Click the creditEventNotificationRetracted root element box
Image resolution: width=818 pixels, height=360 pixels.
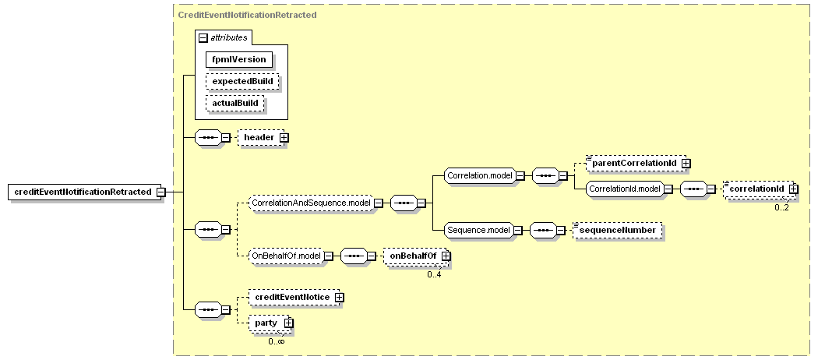click(x=83, y=192)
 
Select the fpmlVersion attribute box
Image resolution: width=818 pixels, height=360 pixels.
click(x=239, y=59)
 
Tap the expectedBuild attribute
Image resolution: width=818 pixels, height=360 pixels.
click(x=242, y=81)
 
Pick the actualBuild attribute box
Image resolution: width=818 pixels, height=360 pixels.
click(x=235, y=104)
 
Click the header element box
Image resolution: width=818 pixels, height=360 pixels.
click(x=261, y=137)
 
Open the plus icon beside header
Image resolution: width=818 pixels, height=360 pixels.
click(x=284, y=138)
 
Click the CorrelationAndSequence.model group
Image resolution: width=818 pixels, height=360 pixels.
click(x=312, y=203)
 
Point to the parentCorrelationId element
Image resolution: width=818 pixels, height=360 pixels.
click(x=635, y=164)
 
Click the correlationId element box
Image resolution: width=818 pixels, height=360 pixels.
click(x=759, y=189)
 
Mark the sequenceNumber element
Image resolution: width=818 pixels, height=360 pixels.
click(x=618, y=230)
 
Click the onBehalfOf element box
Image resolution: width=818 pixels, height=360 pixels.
click(x=415, y=256)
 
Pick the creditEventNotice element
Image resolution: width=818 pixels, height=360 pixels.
click(x=294, y=298)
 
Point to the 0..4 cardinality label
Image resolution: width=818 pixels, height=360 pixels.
click(x=434, y=274)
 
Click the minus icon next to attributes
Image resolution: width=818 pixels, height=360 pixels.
click(x=203, y=37)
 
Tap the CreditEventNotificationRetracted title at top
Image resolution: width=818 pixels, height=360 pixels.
click(x=247, y=15)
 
